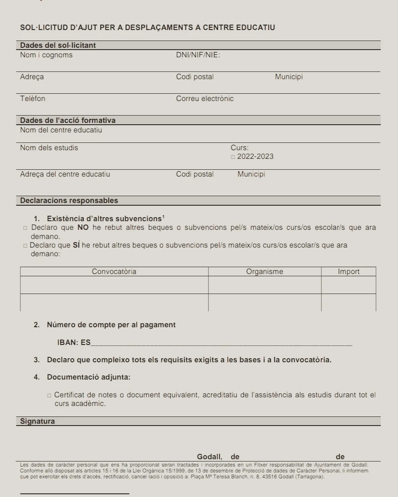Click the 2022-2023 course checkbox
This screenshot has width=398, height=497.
233,157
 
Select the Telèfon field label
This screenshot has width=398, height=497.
33,99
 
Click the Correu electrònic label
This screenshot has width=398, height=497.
204,99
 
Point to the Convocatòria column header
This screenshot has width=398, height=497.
114,272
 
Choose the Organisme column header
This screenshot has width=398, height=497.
265,272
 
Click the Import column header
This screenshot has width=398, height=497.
348,272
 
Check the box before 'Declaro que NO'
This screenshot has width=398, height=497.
26,228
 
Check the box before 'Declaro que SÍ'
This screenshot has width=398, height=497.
25,246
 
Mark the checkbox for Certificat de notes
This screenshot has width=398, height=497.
49,396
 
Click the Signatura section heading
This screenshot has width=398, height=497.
37,421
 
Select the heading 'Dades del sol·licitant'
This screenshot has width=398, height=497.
58,46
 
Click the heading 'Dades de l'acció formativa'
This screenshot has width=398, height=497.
68,121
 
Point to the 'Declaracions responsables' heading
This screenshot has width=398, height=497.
69,201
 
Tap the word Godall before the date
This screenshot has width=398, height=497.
209,457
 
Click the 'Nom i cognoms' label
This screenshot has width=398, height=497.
46,55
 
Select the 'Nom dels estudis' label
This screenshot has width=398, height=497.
49,148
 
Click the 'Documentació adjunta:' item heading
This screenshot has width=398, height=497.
88,377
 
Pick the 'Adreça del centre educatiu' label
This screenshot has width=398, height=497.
65,174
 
